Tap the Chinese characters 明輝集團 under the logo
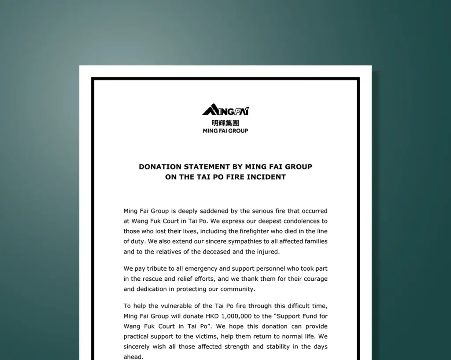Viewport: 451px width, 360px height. coord(225,123)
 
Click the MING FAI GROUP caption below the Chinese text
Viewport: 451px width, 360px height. coord(225,131)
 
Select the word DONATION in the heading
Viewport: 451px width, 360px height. coord(160,167)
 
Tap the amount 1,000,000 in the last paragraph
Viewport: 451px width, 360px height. coord(236,316)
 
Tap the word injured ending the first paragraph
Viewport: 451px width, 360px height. coord(267,252)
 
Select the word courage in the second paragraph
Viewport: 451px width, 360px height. coord(313,279)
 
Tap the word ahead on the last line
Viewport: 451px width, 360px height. coord(133,356)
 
